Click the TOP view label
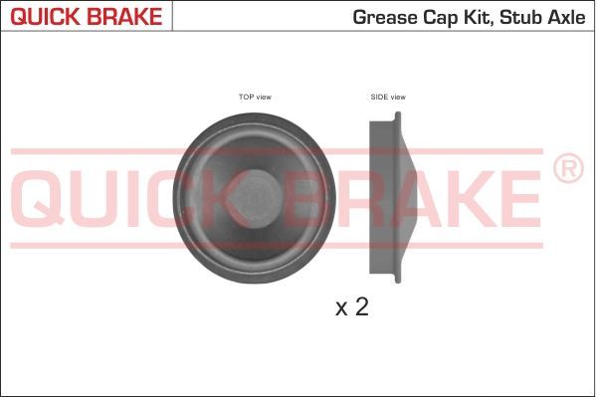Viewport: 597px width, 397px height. pos(255,97)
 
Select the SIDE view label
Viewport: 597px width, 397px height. pos(388,97)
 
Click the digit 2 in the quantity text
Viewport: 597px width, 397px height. pos(361,306)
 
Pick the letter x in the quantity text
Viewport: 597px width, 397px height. pos(341,308)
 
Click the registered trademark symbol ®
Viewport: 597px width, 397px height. pos(567,169)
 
